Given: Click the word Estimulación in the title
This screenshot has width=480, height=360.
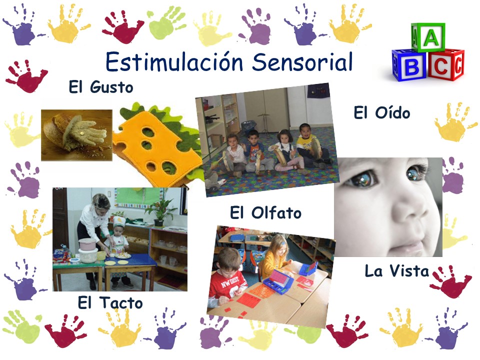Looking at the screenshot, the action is [x=174, y=61].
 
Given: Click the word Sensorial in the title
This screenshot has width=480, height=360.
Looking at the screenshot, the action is [x=302, y=61].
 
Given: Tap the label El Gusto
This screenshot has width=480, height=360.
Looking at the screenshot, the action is [x=101, y=87].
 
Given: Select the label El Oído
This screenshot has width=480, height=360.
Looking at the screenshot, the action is [x=381, y=112].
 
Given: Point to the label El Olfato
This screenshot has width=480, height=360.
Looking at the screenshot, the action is [x=265, y=213].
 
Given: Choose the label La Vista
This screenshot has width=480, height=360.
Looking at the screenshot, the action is [x=396, y=271].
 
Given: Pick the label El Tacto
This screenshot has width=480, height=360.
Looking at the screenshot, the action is [x=110, y=303].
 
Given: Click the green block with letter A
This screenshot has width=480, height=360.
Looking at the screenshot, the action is [x=428, y=37].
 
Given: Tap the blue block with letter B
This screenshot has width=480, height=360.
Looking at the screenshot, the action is [x=409, y=65].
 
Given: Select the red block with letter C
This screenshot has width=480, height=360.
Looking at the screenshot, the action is [x=445, y=65].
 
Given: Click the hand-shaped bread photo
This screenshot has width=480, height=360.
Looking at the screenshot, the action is [x=76, y=135].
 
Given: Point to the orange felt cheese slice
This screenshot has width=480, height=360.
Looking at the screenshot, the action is [x=157, y=147].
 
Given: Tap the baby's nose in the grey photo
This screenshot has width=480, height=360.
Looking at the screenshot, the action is [x=409, y=205].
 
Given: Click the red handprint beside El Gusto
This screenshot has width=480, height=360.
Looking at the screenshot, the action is [x=26, y=75].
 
